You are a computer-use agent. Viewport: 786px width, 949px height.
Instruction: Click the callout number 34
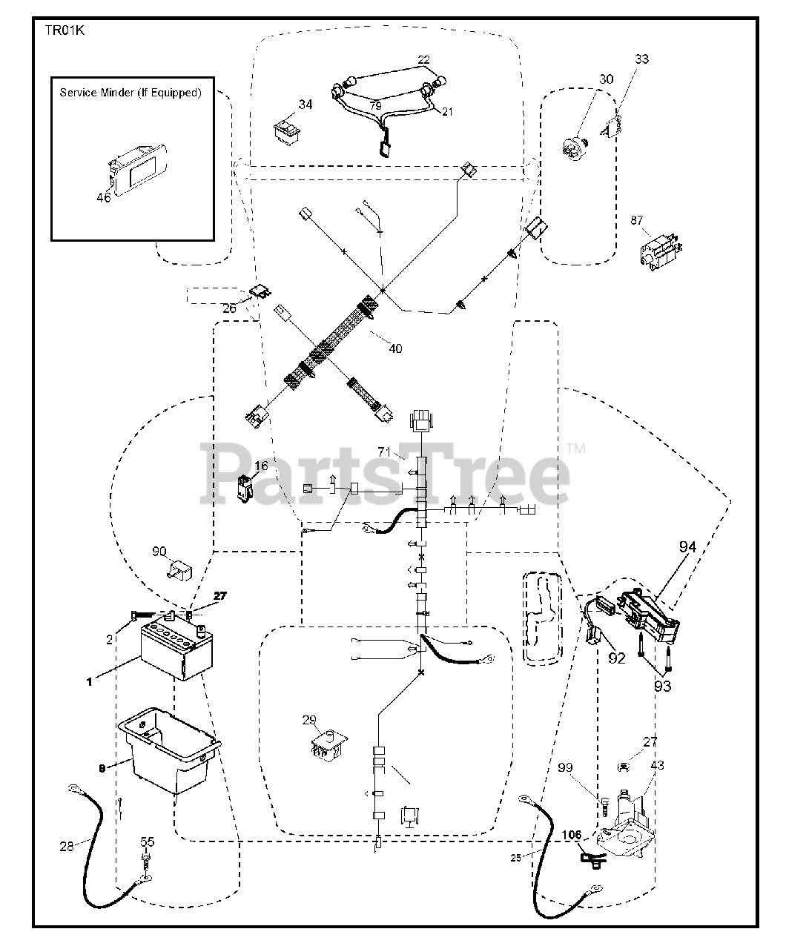[306, 105]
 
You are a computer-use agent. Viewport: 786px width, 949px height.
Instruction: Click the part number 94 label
[687, 547]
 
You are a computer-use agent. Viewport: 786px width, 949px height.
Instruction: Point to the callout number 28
[66, 846]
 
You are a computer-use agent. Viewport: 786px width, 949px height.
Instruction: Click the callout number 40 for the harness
[395, 348]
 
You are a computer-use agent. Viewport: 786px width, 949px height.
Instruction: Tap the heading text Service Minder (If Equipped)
[130, 93]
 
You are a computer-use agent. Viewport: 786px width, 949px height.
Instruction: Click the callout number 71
[383, 452]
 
